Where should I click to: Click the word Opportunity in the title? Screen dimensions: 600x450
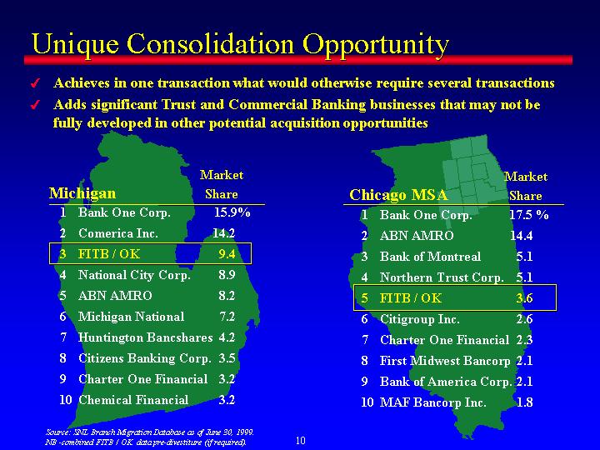375,44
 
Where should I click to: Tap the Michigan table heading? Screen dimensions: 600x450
82,193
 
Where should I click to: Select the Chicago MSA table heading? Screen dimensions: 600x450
398,195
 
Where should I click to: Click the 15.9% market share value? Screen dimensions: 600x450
232,212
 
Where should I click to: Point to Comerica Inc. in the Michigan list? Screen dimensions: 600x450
117,233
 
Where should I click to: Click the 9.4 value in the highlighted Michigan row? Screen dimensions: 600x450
227,253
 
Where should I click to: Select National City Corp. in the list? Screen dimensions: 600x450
134,275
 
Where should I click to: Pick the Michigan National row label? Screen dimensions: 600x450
132,317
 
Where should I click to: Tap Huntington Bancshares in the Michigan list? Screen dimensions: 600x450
145,337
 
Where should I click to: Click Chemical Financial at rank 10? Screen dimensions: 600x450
133,400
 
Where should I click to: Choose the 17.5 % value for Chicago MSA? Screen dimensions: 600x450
529,215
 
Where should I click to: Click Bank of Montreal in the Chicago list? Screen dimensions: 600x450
430,257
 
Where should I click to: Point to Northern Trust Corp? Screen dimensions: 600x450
442,277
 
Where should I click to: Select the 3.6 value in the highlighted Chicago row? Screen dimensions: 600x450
524,297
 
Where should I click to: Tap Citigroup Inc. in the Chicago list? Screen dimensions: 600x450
420,318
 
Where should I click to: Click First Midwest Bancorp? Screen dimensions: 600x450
445,361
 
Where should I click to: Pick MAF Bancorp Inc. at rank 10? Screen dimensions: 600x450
432,402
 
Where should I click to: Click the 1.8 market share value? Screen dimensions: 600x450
524,402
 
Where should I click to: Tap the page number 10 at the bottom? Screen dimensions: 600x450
301,441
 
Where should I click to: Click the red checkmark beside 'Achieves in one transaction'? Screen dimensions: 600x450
35,83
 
